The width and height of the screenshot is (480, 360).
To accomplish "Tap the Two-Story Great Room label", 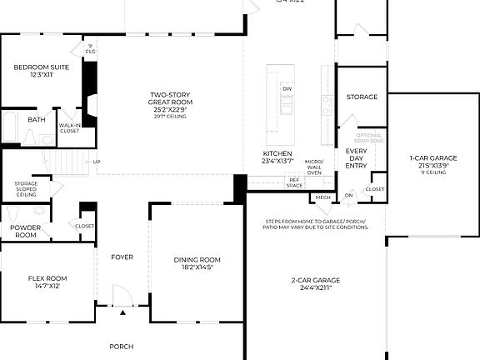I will tap(168, 105).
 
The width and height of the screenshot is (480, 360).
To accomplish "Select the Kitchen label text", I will tap(277, 157).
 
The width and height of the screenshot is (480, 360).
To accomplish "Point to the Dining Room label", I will tap(197, 262).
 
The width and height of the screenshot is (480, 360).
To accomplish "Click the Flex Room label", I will tap(47, 282).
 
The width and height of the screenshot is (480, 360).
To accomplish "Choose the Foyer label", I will tap(122, 257).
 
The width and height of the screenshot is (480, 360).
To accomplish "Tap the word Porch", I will tap(122, 346).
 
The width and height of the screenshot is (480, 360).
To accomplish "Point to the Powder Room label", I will tap(25, 232).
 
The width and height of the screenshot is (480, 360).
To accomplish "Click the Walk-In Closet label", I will tap(69, 128).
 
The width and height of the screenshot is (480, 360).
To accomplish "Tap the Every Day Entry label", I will tap(356, 158).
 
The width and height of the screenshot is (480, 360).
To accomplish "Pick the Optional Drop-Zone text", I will tap(368, 138).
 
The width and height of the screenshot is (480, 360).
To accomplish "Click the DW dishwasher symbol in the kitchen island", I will tap(287, 88).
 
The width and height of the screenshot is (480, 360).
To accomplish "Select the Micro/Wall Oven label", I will tap(313, 167).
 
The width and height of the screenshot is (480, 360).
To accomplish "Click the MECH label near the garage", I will tap(322, 197).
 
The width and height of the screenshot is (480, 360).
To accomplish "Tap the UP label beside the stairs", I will tap(97, 162).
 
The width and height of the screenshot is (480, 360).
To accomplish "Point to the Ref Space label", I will tap(294, 182).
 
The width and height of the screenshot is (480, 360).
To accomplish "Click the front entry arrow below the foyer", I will tap(123, 312).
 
